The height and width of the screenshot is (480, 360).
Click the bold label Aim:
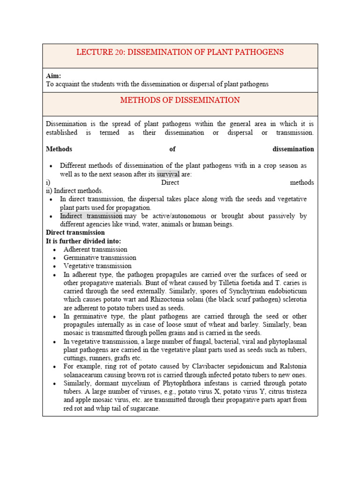click(53, 76)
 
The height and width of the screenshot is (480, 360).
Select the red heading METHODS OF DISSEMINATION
click(180, 100)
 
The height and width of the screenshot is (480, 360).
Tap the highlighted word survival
click(168, 174)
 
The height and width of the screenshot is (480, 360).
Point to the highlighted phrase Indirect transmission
click(91, 216)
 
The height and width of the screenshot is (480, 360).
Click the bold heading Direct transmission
click(75, 232)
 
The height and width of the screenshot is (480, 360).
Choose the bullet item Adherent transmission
click(95, 249)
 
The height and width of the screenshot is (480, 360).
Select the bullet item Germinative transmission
click(100, 258)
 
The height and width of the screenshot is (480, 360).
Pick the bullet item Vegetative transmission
click(97, 266)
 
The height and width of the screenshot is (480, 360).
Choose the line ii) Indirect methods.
click(75, 191)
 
